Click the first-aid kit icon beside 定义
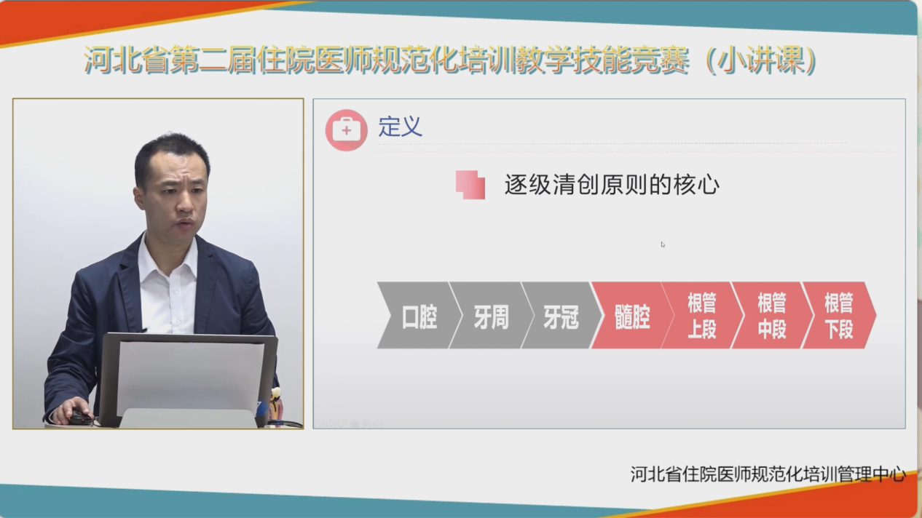coord(346,130)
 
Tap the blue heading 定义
coord(400,126)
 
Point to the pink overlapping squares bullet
coord(470,185)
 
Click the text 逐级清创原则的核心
coord(612,185)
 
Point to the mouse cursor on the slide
coord(663,244)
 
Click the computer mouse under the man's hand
coord(79,418)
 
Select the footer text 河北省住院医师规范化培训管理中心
coord(768,474)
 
